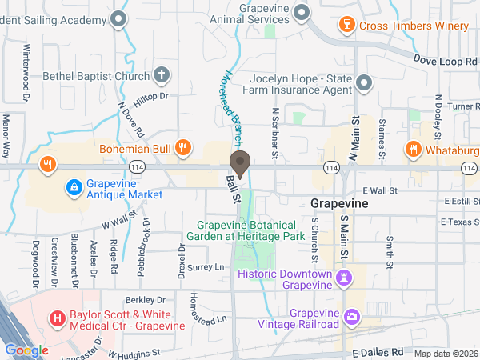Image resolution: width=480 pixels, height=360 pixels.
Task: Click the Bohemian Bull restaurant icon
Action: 183,147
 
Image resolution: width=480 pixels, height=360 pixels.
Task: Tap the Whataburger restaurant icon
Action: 413,148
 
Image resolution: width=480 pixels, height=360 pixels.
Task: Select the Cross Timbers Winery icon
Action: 346,25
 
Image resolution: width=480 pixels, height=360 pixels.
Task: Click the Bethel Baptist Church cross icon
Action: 161,75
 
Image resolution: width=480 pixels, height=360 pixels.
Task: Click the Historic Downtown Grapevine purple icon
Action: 345,278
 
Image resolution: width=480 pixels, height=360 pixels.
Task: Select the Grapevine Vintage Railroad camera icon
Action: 351,318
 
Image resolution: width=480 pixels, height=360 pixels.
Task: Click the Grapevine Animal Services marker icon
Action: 302,12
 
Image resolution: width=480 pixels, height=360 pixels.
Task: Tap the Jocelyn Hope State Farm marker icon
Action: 365,83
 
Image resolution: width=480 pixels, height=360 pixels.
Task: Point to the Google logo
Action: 27,350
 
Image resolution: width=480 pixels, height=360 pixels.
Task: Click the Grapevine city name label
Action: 340,203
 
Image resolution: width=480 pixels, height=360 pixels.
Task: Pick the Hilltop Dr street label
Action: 151,96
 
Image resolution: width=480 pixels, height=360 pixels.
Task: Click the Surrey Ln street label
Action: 206,267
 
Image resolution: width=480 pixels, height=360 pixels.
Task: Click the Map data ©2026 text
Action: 445,354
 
